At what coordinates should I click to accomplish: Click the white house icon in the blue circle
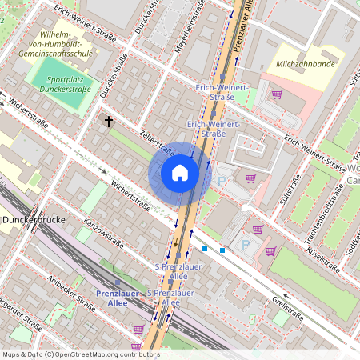point(180,173)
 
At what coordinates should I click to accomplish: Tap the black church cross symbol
point(109,122)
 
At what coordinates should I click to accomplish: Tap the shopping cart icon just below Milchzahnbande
point(277,94)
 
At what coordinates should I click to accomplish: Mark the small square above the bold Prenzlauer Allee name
point(118,282)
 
